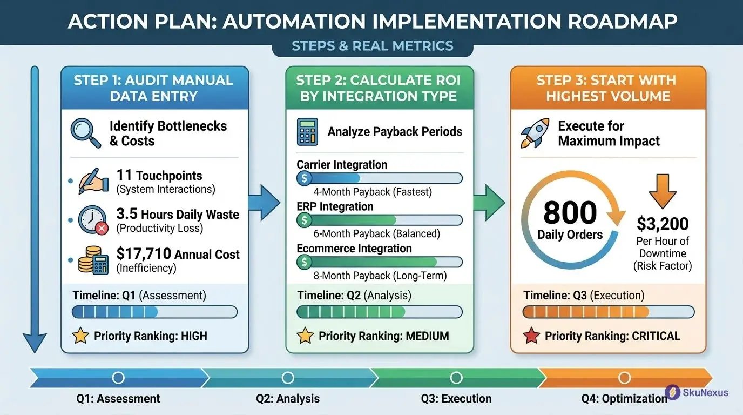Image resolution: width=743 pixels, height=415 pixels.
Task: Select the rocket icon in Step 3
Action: pos(535,133)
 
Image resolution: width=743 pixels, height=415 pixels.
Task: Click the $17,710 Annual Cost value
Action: pos(144,254)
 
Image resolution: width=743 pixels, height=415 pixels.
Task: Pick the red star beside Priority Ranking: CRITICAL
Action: pos(531,336)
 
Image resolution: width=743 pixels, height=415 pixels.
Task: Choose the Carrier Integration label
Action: pos(342,164)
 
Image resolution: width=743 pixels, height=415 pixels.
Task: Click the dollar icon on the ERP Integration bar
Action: pos(305,220)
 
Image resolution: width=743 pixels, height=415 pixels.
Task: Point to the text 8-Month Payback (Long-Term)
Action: pos(380,276)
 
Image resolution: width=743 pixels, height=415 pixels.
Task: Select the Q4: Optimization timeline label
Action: pos(624,399)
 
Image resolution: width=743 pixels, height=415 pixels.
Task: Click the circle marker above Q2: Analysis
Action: pos(288,378)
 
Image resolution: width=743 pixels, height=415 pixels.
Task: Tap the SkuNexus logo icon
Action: pos(672,392)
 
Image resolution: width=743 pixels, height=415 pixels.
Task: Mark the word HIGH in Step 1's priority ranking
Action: pos(194,336)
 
